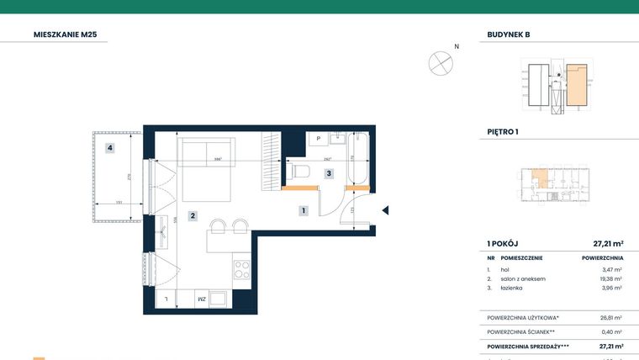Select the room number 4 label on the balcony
(x=110, y=148)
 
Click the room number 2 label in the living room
(x=193, y=216)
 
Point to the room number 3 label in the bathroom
(x=330, y=174)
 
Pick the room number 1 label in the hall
(x=303, y=211)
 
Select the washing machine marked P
(x=319, y=140)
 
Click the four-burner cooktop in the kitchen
(x=241, y=271)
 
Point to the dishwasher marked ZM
(x=202, y=299)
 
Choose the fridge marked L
(x=167, y=299)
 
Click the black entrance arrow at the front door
(x=384, y=211)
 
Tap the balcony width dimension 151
(x=119, y=202)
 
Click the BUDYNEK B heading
(x=509, y=35)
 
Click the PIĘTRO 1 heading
(x=503, y=132)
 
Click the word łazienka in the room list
(x=511, y=288)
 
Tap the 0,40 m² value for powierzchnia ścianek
(x=611, y=331)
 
